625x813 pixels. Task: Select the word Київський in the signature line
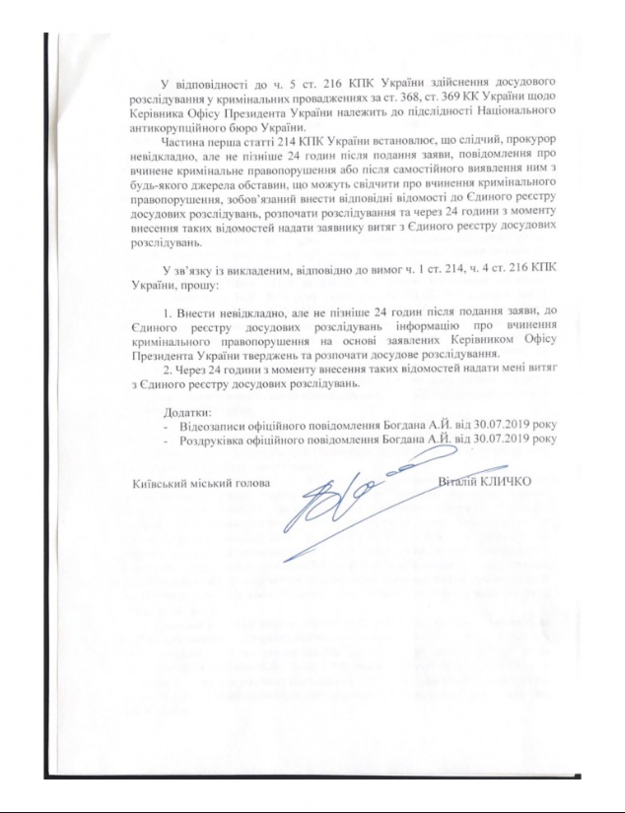click(x=160, y=483)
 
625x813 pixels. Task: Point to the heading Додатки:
click(x=188, y=410)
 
